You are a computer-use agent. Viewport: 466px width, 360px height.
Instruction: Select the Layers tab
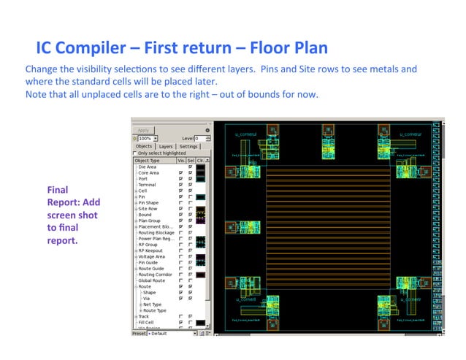click(x=166, y=146)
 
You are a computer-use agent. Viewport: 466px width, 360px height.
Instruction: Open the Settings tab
click(x=189, y=146)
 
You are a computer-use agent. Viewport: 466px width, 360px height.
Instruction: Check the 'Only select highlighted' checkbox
click(x=134, y=153)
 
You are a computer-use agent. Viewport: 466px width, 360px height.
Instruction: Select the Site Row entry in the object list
click(x=149, y=208)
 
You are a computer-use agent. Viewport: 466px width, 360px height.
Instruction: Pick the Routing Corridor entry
click(x=154, y=274)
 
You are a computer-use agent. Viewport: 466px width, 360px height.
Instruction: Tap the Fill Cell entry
click(x=147, y=322)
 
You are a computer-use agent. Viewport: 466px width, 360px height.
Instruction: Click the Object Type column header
click(x=153, y=160)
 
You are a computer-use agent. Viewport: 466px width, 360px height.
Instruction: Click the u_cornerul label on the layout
click(x=246, y=134)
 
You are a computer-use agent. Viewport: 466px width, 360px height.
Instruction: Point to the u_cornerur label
click(x=411, y=134)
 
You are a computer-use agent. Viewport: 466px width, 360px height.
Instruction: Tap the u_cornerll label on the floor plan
click(x=246, y=299)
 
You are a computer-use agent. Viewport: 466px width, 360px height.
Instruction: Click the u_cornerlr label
click(x=411, y=299)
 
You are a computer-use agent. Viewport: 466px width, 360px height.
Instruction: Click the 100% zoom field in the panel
click(x=145, y=138)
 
